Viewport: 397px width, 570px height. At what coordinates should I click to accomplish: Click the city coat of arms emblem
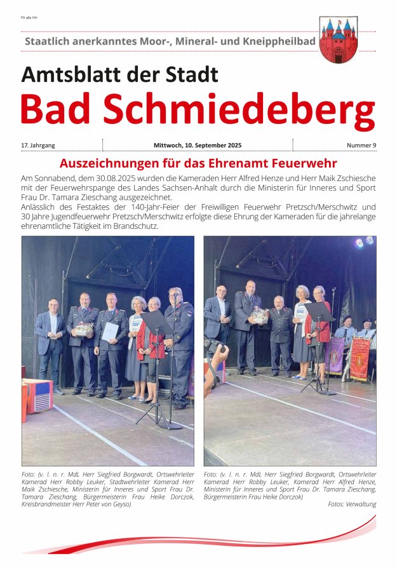tap(338, 39)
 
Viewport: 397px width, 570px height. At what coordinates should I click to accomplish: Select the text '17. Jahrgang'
tap(38, 146)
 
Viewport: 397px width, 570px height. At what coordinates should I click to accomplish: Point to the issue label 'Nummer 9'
tap(361, 146)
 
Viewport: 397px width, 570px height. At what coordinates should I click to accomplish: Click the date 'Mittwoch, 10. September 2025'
tap(198, 146)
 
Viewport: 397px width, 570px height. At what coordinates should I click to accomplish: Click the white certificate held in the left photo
tap(111, 330)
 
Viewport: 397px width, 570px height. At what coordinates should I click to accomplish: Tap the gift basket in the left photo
tap(83, 330)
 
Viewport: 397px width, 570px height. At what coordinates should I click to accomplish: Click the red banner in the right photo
tap(360, 358)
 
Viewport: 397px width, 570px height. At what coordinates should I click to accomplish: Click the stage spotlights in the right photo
tap(364, 242)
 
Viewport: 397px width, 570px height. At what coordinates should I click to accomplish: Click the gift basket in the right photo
tap(258, 316)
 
